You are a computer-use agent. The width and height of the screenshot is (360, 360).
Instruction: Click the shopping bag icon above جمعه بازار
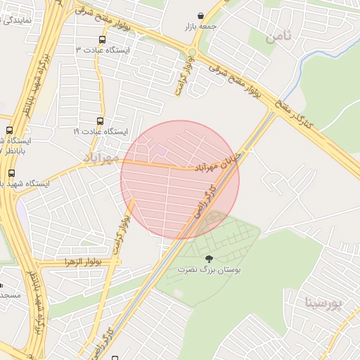point(202,15)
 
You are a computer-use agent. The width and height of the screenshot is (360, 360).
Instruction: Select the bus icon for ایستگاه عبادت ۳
point(103,40)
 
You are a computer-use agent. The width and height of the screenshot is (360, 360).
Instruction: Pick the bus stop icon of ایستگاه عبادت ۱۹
point(100,121)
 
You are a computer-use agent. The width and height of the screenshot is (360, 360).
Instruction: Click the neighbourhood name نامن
point(279,36)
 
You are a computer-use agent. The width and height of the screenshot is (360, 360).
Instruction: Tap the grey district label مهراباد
point(101,155)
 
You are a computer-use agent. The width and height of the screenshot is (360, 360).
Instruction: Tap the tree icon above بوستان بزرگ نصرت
point(207,258)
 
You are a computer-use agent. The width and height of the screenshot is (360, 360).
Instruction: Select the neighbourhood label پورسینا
point(324,303)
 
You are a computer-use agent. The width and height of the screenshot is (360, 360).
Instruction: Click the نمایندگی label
point(21,21)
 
